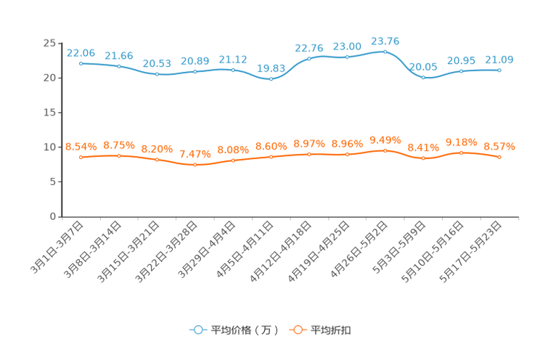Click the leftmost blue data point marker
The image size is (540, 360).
81,63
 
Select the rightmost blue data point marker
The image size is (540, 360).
499,70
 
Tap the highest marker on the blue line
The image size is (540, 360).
385,51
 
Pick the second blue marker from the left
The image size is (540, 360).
119,66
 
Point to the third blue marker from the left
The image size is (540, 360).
157,73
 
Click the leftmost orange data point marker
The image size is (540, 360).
81,157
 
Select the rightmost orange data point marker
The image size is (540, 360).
499,157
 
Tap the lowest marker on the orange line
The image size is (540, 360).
195,165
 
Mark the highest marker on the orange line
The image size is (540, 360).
385,150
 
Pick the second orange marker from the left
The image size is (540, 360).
119,155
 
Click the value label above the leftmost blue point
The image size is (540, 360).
81,52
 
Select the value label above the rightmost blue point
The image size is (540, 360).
499,59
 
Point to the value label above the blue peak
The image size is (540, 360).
385,40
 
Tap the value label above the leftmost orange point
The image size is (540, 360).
81,146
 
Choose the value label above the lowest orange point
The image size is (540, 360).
195,153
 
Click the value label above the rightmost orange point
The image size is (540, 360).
499,146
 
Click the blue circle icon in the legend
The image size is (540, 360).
197,330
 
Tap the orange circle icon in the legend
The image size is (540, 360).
297,330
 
